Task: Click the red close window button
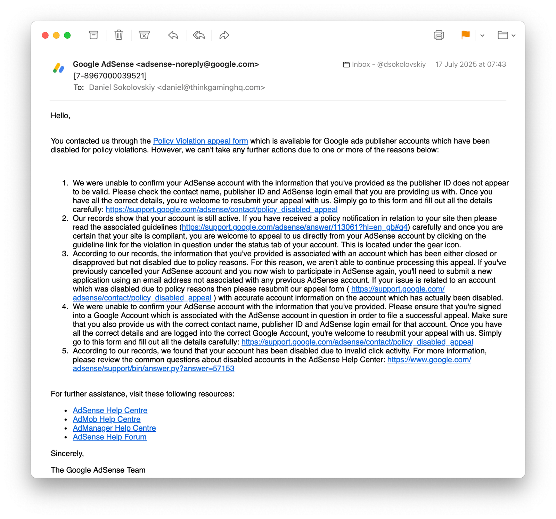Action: point(45,35)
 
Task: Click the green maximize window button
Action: point(67,35)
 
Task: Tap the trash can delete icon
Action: point(119,35)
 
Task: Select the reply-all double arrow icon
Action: point(199,35)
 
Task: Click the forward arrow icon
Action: point(224,35)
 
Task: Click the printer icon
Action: point(439,35)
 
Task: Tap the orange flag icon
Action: point(465,35)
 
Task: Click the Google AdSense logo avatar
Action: point(59,68)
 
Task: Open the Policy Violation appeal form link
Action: point(201,141)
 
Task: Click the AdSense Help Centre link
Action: point(110,410)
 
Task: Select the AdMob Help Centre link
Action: point(106,419)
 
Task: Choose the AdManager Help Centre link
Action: point(114,428)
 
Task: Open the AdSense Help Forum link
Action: point(109,437)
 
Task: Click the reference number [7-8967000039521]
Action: point(110,76)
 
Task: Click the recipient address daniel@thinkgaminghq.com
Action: point(211,87)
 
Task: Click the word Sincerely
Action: point(67,454)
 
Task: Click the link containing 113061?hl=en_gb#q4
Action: point(294,227)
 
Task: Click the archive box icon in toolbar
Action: point(93,35)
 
